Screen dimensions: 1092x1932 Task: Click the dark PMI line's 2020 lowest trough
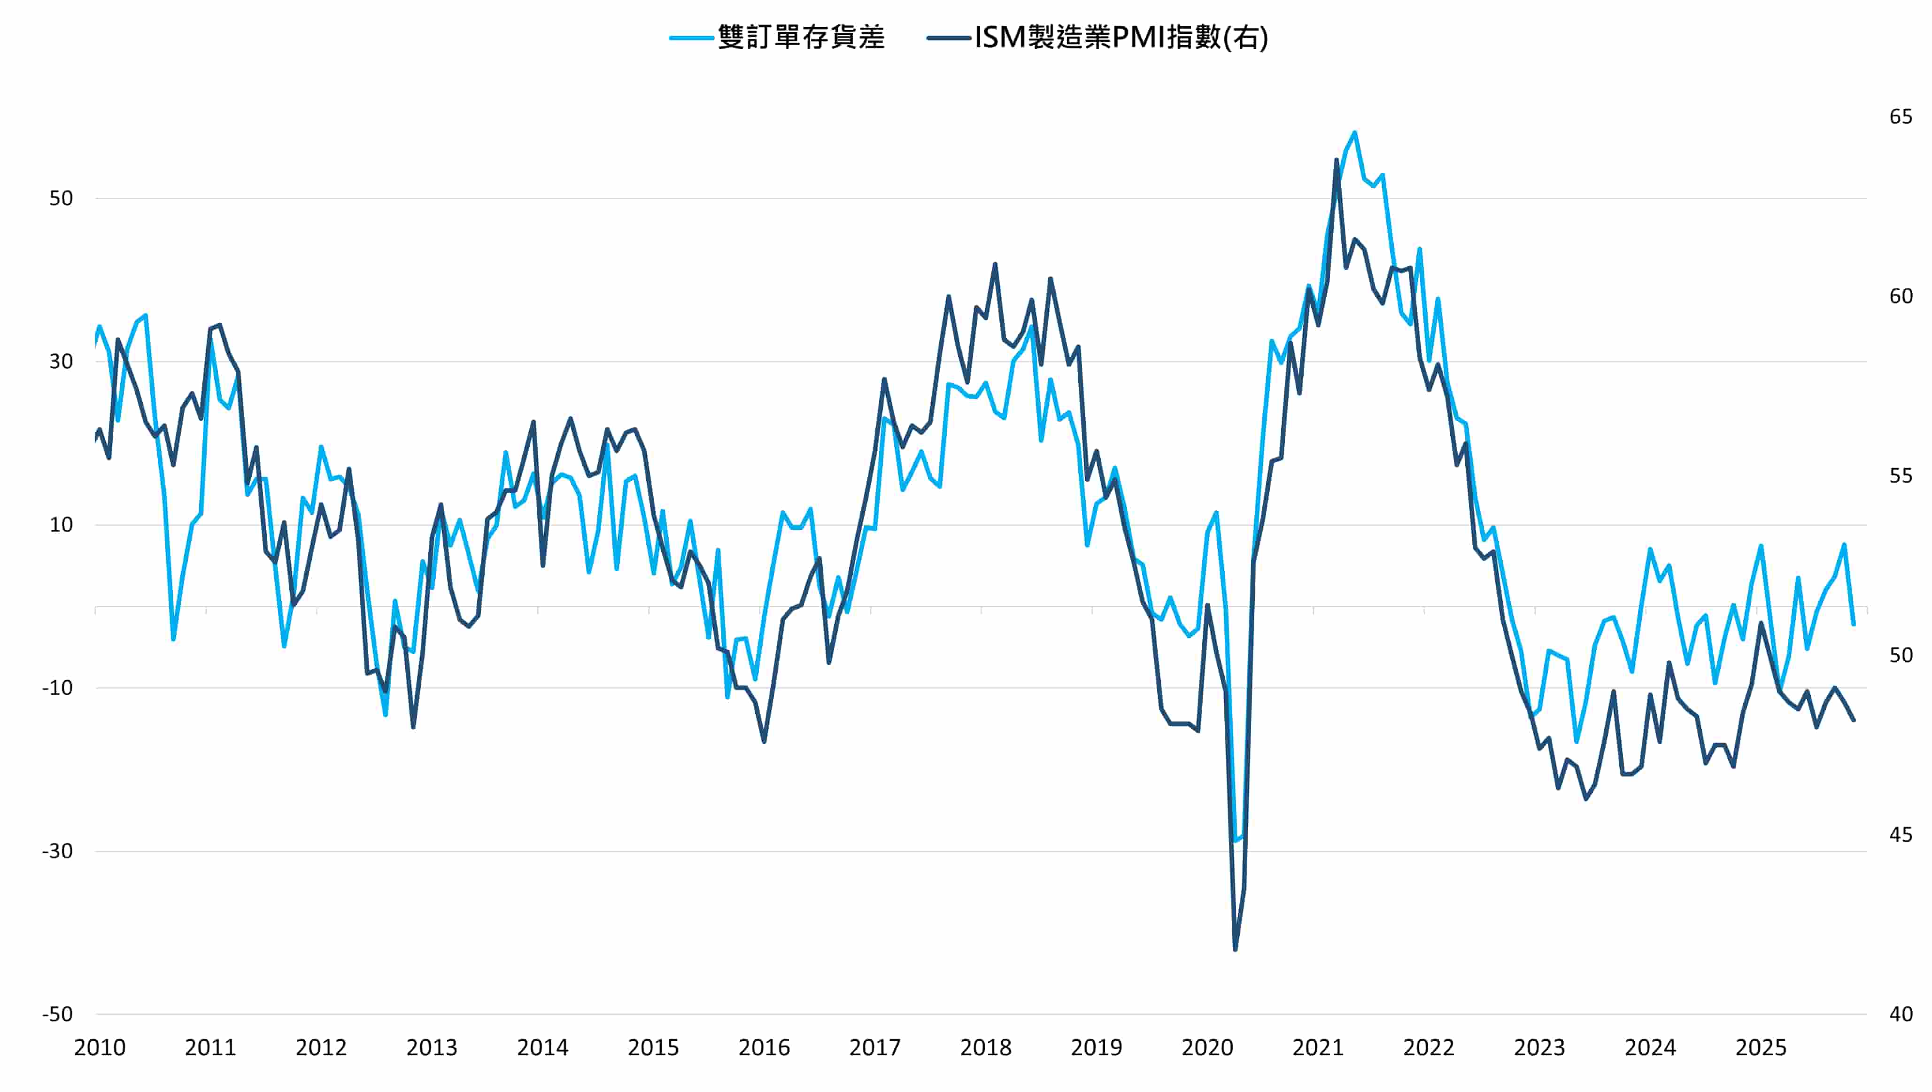pyautogui.click(x=1235, y=950)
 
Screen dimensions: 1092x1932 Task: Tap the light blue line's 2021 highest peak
pyautogui.click(x=1354, y=133)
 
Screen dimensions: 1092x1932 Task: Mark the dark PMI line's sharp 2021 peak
pyautogui.click(x=1337, y=160)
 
